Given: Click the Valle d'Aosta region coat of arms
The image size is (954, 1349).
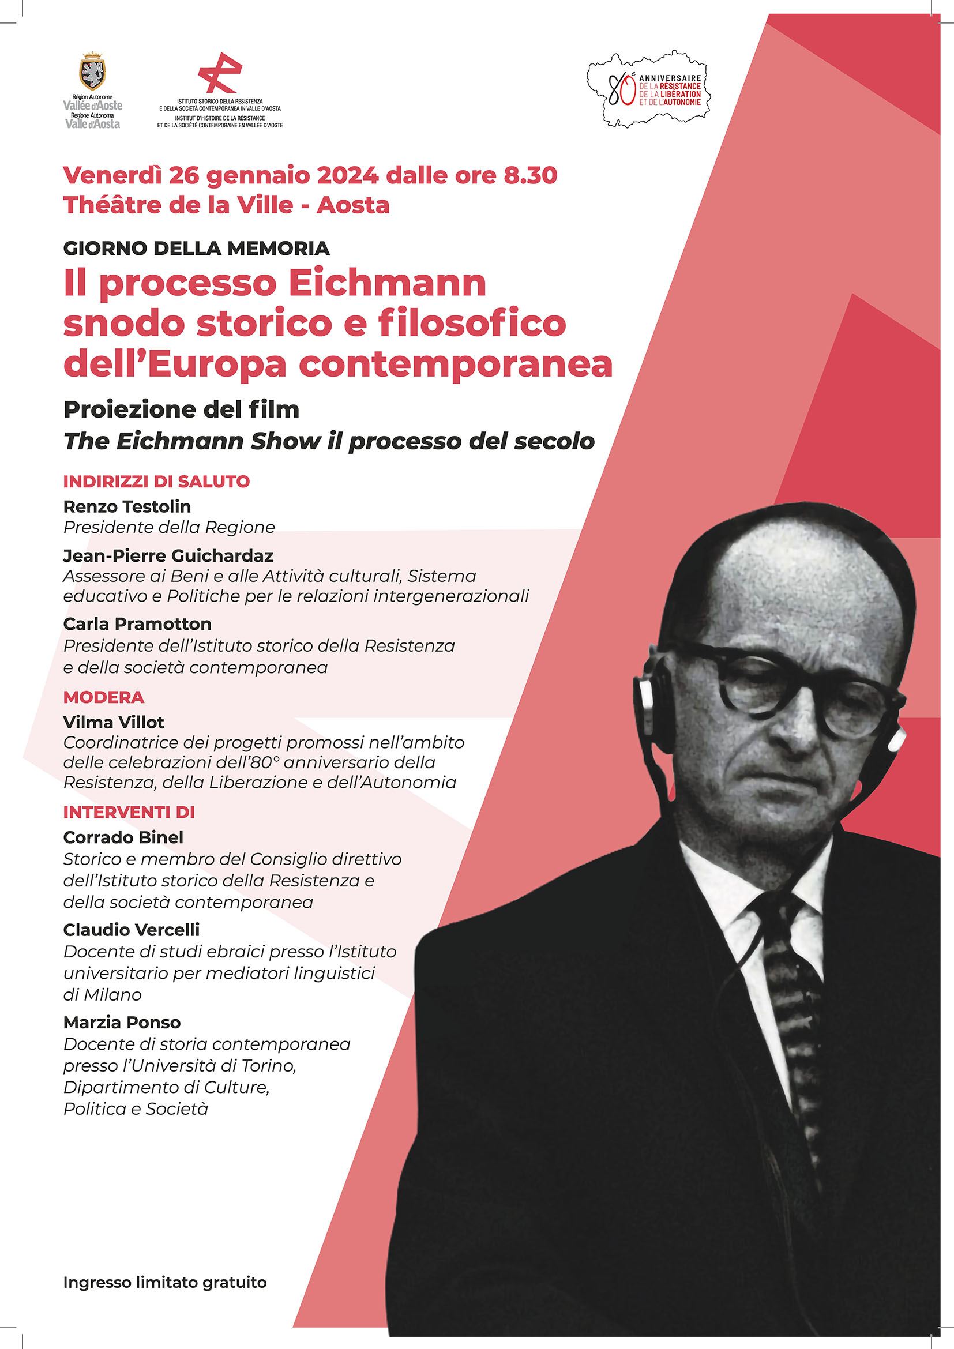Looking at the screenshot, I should coord(92,71).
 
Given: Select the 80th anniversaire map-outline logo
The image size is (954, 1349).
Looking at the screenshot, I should coord(648,89).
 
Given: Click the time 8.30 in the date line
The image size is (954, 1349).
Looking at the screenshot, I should coord(531,175).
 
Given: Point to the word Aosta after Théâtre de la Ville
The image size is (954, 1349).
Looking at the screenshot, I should coord(353,205).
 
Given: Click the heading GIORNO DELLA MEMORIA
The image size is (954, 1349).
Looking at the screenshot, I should coord(196,248).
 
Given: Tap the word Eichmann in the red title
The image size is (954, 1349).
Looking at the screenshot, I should coord(388,283).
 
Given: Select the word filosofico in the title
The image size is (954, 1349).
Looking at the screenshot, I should coord(472,323).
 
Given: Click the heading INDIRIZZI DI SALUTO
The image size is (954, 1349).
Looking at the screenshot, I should coord(156,481).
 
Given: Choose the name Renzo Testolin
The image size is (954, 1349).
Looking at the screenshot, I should coord(127,506).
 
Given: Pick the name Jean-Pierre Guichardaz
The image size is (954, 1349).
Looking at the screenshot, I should coord(168,555).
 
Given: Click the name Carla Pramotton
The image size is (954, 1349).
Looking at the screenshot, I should coord(137,623).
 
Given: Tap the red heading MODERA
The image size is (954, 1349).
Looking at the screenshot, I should coord(103,697).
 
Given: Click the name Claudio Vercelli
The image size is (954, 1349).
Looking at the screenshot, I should coord(132,930).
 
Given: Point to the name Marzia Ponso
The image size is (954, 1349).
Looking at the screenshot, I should coord(122,1022).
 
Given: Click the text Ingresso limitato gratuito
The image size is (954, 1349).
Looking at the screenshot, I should coord(164,1282).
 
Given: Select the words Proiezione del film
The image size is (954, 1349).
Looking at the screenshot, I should coord(181,409).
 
